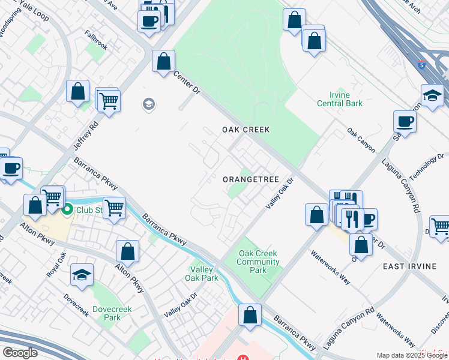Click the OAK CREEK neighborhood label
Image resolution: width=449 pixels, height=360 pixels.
[x=246, y=130]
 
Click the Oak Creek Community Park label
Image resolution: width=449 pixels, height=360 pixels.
[x=259, y=262]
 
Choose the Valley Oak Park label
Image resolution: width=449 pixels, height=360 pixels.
[x=202, y=274]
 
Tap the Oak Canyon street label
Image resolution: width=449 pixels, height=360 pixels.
[x=361, y=139]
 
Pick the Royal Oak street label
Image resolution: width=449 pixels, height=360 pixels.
[x=56, y=265]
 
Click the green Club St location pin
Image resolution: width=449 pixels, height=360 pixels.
[x=67, y=209]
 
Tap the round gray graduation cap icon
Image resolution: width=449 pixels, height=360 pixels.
[x=148, y=105]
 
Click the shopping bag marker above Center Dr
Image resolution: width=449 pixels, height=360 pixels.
[x=163, y=61]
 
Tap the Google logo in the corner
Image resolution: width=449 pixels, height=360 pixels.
[x=20, y=353]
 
